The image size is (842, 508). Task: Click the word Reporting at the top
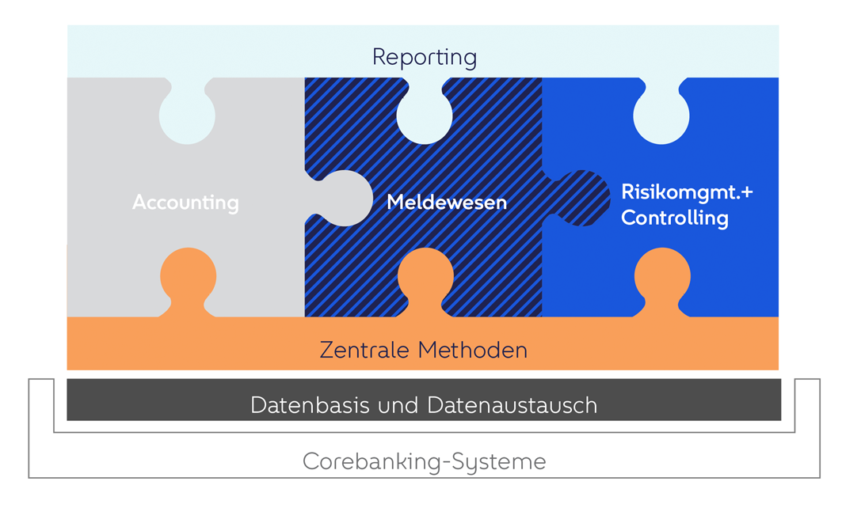(x=425, y=57)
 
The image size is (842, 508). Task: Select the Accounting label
(x=185, y=203)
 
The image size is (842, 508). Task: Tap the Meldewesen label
(x=447, y=203)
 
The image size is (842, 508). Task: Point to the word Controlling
(x=674, y=218)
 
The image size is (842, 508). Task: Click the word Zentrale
(x=365, y=350)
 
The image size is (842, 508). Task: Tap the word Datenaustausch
(x=512, y=405)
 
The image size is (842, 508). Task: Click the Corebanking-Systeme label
(x=425, y=461)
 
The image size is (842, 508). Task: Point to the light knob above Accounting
(x=187, y=116)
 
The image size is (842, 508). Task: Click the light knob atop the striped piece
(x=425, y=116)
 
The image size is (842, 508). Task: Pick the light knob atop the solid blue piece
(x=662, y=116)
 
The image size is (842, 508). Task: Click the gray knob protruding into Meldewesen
(x=343, y=198)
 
